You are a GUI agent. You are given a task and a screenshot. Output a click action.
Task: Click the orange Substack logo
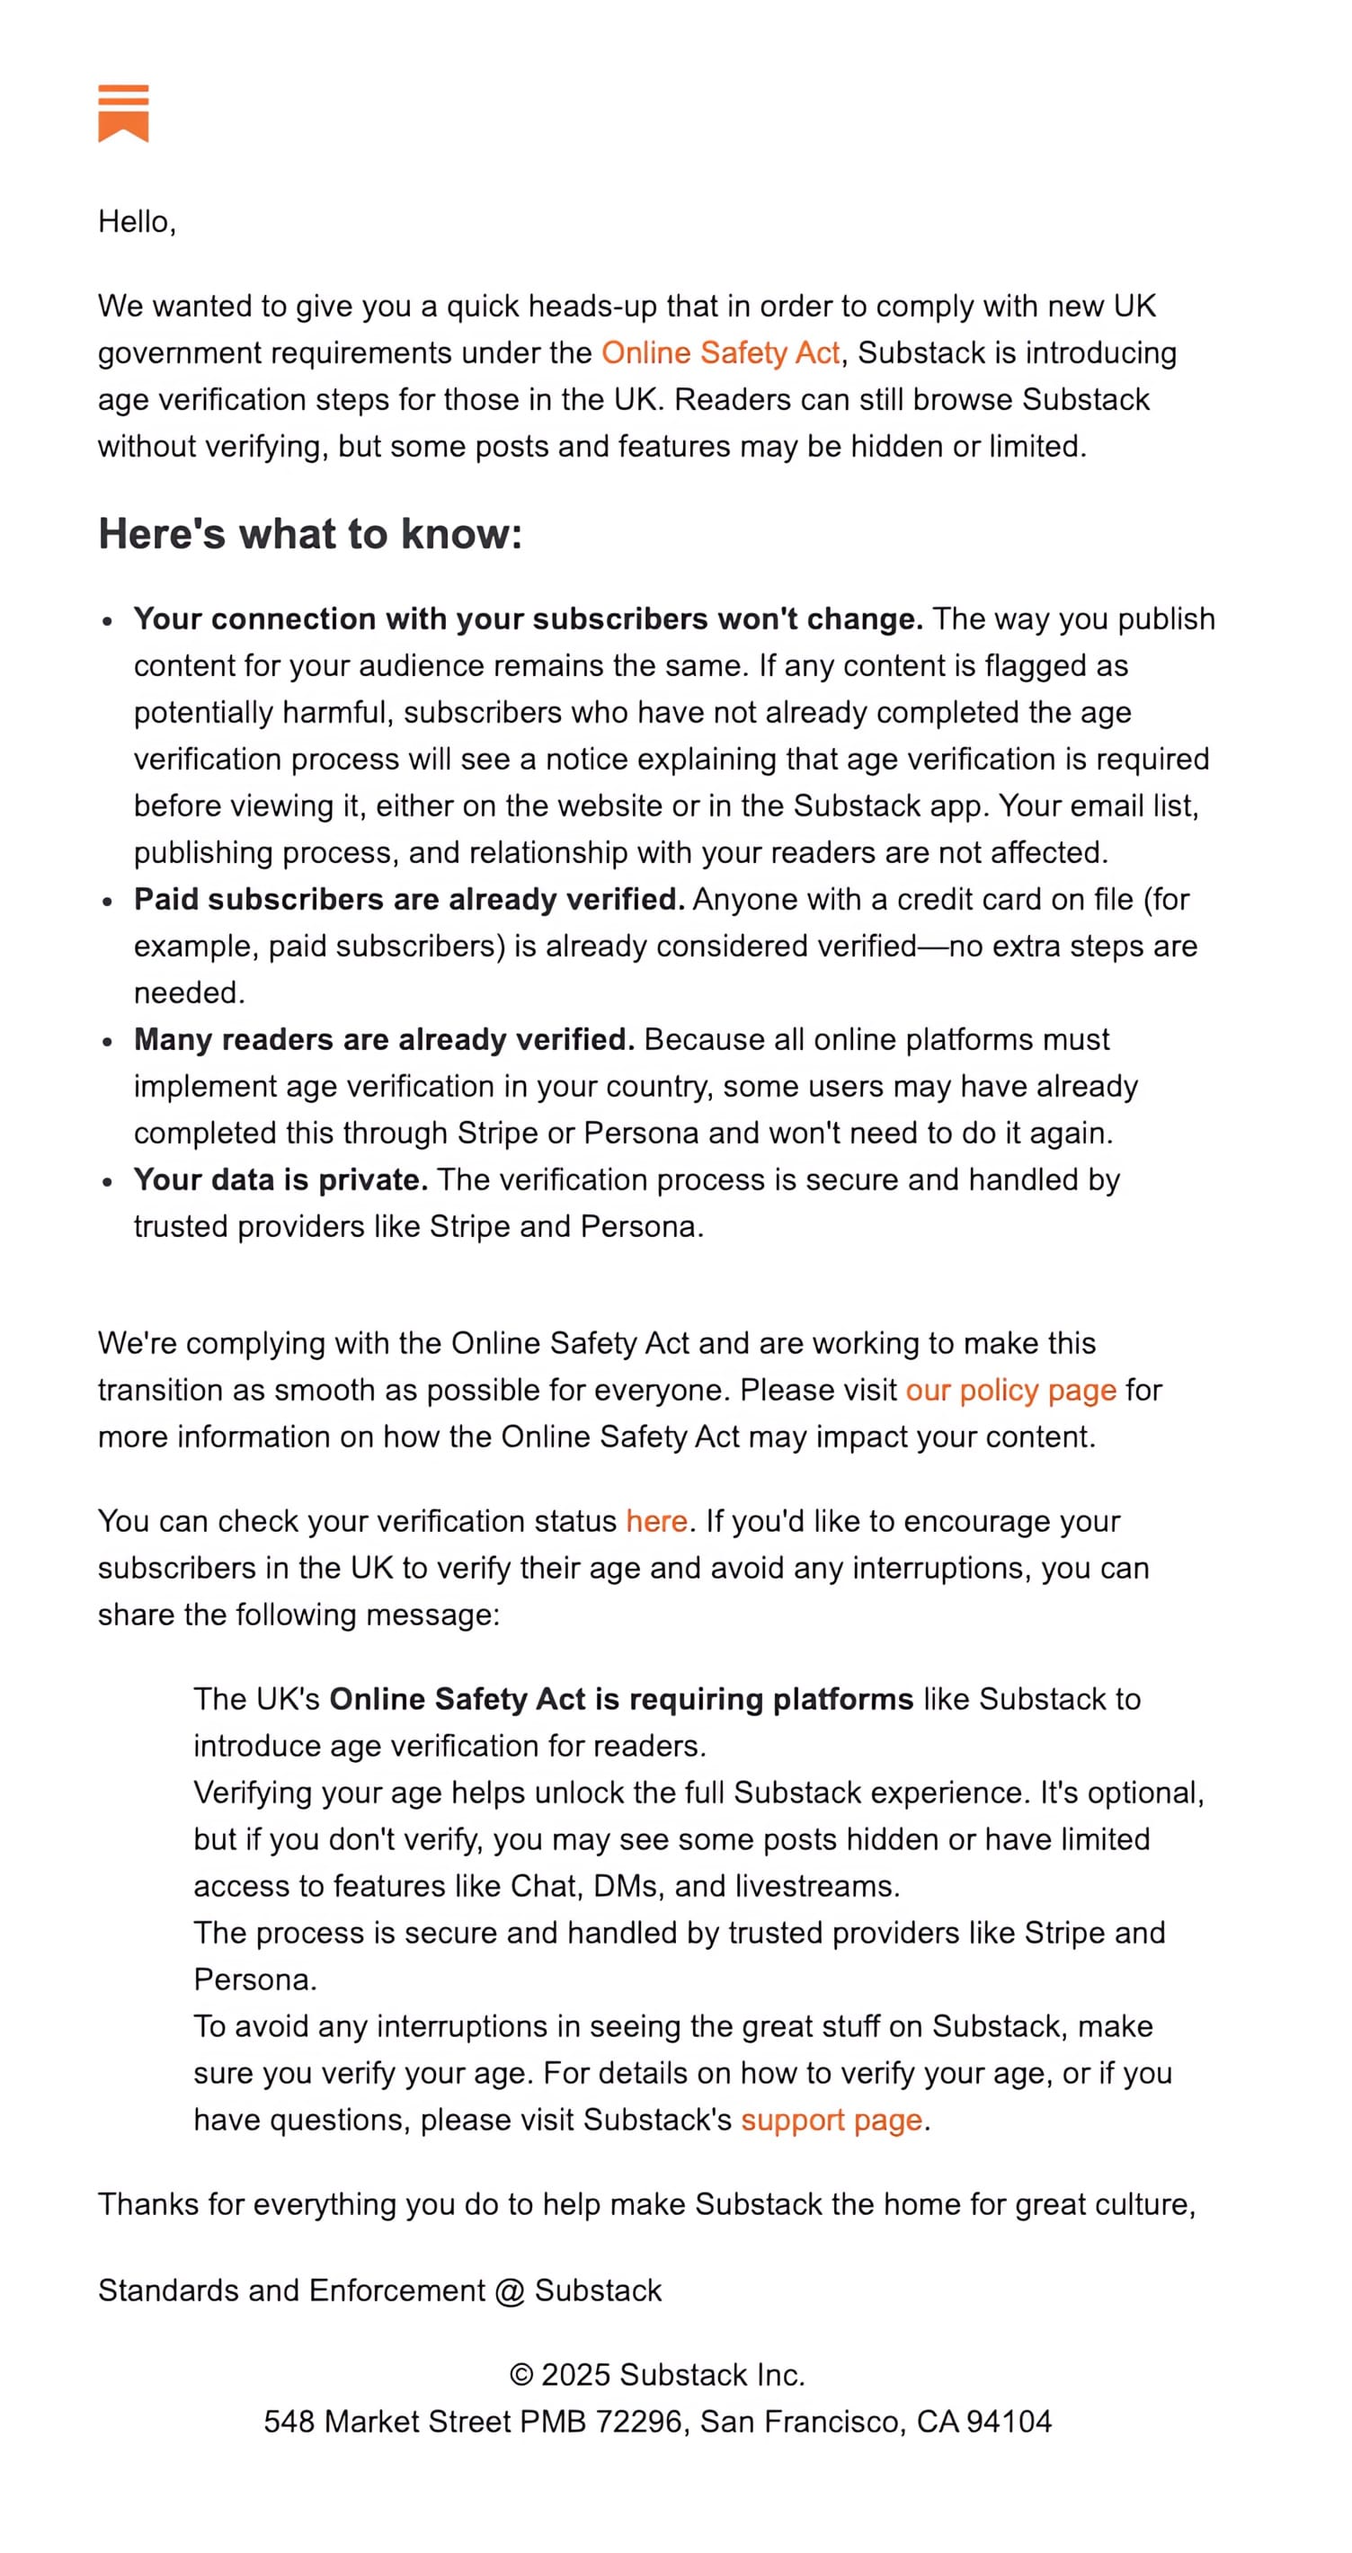pyautogui.click(x=123, y=113)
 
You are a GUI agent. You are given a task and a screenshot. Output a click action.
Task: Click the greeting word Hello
pyautogui.click(x=135, y=222)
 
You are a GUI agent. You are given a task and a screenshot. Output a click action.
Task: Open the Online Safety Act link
pyautogui.click(x=720, y=352)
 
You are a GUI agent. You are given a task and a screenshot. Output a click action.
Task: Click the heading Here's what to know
pyautogui.click(x=309, y=534)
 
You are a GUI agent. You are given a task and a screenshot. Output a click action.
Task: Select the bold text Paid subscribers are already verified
pyautogui.click(x=408, y=899)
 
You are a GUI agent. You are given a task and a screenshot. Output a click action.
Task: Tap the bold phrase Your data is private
pyautogui.click(x=280, y=1179)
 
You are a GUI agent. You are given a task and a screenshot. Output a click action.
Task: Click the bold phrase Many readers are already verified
pyautogui.click(x=384, y=1040)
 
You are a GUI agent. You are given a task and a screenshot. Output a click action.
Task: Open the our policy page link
pyautogui.click(x=1010, y=1390)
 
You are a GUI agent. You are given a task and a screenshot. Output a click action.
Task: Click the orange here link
pyautogui.click(x=656, y=1520)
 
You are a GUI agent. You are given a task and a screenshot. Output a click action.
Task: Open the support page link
pyautogui.click(x=831, y=2119)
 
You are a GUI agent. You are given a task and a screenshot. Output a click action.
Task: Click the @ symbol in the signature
pyautogui.click(x=510, y=2291)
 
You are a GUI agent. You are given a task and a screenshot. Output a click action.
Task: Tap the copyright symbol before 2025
pyautogui.click(x=521, y=2375)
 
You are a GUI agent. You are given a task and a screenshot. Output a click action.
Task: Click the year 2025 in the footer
pyautogui.click(x=575, y=2375)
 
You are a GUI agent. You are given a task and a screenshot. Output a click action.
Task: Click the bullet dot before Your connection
pyautogui.click(x=108, y=620)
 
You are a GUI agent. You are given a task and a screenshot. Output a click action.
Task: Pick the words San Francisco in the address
pyautogui.click(x=801, y=2421)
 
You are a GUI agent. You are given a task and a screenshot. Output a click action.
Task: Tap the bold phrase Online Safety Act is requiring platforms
pyautogui.click(x=620, y=1699)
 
